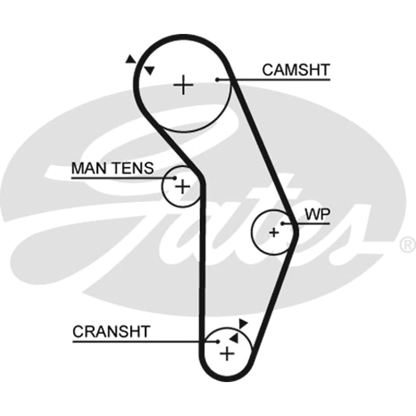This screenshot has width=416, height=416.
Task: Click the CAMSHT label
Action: pyautogui.click(x=296, y=70)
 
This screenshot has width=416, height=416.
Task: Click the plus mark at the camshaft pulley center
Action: pyautogui.click(x=183, y=85)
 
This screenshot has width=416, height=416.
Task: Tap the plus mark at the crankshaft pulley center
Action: pyautogui.click(x=227, y=354)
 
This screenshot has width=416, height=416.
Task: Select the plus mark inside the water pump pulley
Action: pyautogui.click(x=274, y=233)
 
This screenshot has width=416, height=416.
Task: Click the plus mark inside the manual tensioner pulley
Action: pyautogui.click(x=183, y=186)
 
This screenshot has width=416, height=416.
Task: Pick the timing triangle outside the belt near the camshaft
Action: pyautogui.click(x=130, y=59)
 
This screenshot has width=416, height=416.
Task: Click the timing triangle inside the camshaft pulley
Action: pyautogui.click(x=150, y=70)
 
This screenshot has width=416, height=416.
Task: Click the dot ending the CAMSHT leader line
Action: pyautogui.click(x=217, y=80)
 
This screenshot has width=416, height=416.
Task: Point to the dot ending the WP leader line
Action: pyautogui.click(x=283, y=224)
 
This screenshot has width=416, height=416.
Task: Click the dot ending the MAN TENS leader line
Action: pyautogui.click(x=174, y=178)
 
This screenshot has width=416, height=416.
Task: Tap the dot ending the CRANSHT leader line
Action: pyautogui.click(x=218, y=341)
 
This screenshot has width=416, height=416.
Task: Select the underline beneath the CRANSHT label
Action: pyautogui.click(x=145, y=341)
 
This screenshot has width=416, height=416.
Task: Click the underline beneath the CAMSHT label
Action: pyautogui.click(x=274, y=80)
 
